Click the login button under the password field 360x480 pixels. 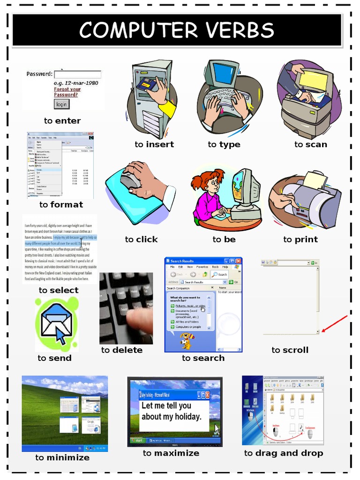(x=61, y=104)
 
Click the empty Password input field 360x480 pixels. (x=77, y=74)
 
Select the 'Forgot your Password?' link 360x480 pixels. (x=67, y=91)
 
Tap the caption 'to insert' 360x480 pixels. (x=154, y=144)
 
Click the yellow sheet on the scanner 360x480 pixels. (x=313, y=80)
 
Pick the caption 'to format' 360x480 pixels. (x=61, y=204)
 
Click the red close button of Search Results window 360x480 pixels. (x=238, y=261)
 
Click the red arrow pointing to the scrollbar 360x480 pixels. (x=335, y=324)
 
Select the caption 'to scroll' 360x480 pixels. (x=290, y=350)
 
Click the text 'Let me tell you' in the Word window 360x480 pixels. (x=166, y=405)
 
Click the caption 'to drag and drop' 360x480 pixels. (x=283, y=453)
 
